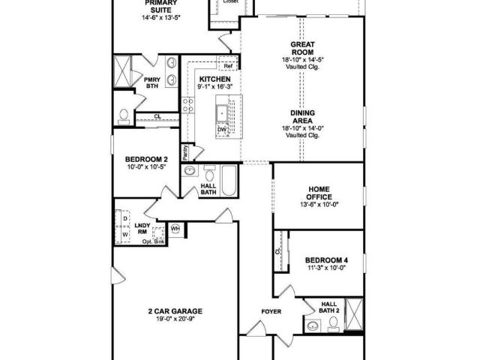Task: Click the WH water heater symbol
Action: (175, 228)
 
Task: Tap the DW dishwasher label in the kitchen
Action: (222, 130)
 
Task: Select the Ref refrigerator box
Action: (228, 66)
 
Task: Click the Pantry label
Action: (185, 153)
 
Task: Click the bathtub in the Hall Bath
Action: (229, 180)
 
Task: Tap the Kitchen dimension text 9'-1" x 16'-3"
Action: (215, 87)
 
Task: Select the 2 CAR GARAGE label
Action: (175, 311)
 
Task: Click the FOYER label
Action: (271, 312)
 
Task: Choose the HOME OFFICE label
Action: (319, 193)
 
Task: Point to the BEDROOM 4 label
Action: (327, 260)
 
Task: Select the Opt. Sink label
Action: (153, 241)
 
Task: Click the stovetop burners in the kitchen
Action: (187, 105)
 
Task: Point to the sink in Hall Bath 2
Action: (313, 325)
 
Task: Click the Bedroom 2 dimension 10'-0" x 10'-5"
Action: (147, 166)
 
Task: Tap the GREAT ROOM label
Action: (302, 48)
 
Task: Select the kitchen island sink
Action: (222, 114)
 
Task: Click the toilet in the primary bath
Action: (124, 117)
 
